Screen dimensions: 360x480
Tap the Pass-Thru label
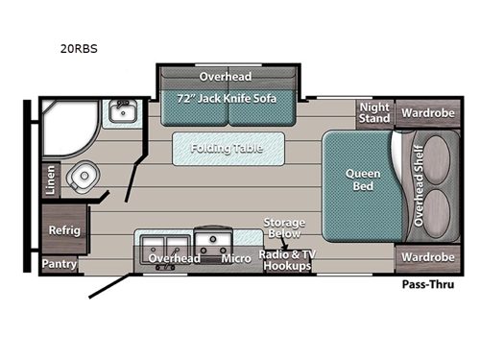426,285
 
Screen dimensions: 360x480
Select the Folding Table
230,149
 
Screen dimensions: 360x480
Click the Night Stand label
374,112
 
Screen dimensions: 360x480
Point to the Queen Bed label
364,180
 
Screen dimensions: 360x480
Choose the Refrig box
65,230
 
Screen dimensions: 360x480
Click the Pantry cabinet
59,262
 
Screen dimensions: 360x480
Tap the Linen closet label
50,179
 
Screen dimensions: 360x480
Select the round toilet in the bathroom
84,179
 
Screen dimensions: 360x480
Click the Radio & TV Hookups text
285,259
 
